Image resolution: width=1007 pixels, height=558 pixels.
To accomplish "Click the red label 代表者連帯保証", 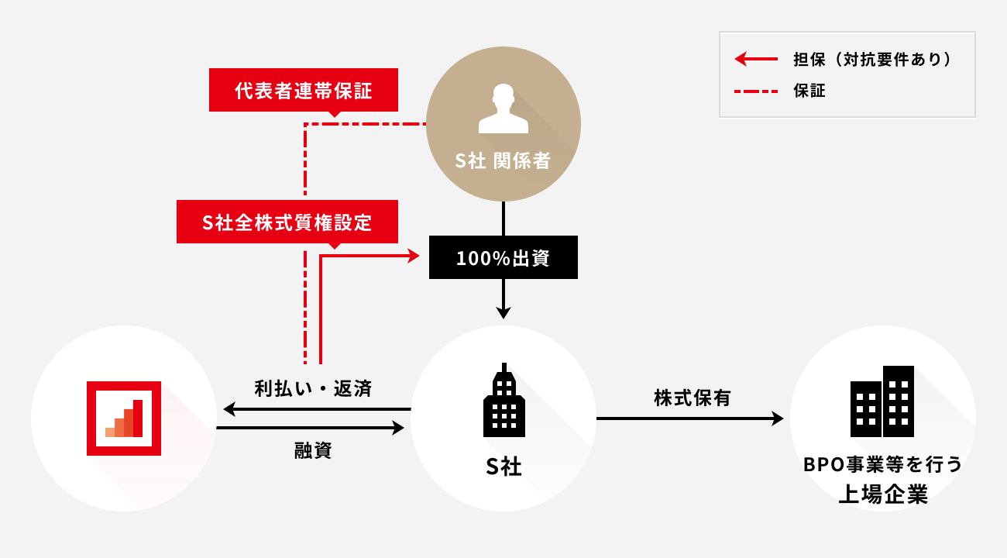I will coord(304,91).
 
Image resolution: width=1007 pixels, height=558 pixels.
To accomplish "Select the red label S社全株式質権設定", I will coord(287,222).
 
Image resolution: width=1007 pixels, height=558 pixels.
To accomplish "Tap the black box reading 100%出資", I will coord(503,258).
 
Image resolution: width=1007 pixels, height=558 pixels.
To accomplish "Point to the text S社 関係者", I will coord(503,160).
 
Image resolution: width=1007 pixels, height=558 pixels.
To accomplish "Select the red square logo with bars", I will coord(124,418).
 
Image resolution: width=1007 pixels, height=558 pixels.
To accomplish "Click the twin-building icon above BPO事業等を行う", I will coord(882,401).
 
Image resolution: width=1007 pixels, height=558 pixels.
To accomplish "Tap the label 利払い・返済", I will coord(314,388).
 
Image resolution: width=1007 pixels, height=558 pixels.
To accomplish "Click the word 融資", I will coord(313,450).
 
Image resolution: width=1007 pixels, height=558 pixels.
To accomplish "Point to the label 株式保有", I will coord(693,398).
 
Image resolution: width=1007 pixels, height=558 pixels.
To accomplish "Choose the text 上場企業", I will coord(883,494).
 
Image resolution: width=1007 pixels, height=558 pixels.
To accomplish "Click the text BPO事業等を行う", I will coord(883,465).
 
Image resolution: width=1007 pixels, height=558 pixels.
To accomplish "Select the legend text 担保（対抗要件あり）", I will coord(872,59).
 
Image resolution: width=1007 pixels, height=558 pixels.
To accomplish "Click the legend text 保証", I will coord(809,91).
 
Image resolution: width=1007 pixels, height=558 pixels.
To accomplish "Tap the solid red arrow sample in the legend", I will coord(755,59).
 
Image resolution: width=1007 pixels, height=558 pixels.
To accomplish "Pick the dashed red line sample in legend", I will coord(755,91).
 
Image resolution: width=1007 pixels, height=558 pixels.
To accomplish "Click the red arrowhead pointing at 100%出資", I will coord(413,255).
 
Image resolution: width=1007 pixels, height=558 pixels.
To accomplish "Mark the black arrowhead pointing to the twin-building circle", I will coord(778,418).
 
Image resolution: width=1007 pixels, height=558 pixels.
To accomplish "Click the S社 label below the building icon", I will coord(503,467).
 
